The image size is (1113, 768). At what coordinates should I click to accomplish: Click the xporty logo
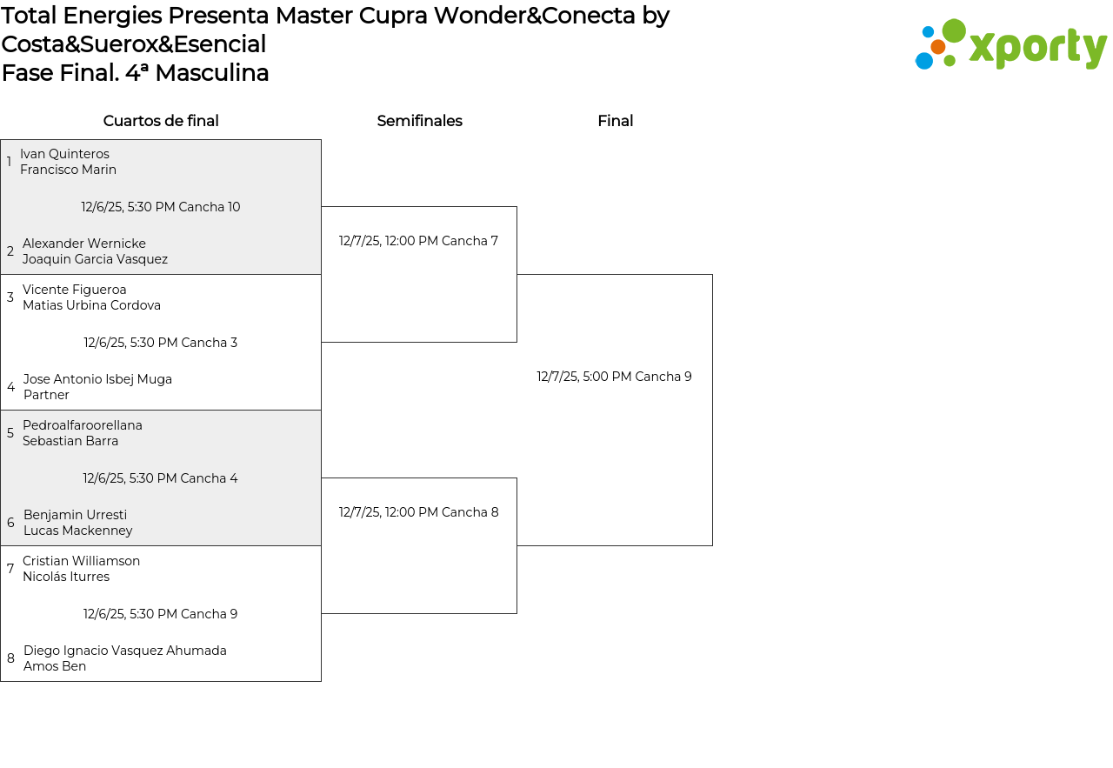[x=1010, y=45]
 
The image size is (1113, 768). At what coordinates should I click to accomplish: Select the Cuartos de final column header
[x=161, y=121]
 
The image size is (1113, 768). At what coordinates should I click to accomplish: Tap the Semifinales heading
[x=419, y=121]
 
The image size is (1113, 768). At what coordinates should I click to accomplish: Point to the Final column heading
[x=615, y=121]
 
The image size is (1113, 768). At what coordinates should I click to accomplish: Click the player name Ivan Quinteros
[x=64, y=154]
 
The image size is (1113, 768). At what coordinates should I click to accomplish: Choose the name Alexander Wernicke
[x=84, y=244]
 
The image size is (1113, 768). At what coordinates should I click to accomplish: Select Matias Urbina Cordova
[x=91, y=305]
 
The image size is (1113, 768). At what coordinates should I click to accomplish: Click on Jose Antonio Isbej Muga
[x=97, y=379]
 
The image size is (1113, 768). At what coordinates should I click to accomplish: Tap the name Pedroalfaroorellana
[x=83, y=425]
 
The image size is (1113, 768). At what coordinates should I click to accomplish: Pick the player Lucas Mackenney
[x=78, y=531]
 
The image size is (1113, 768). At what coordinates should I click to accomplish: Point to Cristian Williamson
[x=81, y=561]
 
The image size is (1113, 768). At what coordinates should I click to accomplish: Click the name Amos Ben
[x=55, y=666]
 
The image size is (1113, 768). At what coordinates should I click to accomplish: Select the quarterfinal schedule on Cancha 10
[x=161, y=207]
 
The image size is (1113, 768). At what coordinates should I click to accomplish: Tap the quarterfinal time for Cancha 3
[x=161, y=343]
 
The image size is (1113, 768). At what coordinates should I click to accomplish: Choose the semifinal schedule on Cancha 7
[x=418, y=241]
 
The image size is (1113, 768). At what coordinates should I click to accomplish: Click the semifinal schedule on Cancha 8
[x=418, y=512]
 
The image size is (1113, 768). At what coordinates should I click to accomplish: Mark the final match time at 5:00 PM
[x=614, y=377]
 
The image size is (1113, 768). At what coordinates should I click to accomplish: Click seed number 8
[x=10, y=658]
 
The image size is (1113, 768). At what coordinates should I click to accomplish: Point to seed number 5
[x=10, y=433]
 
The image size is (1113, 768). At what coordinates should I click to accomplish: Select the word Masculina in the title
[x=211, y=73]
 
